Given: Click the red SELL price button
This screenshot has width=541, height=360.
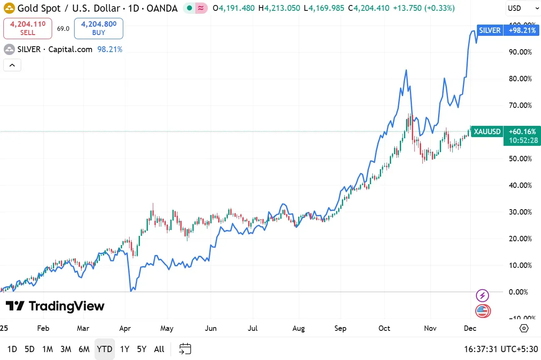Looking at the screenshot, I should [x=27, y=28].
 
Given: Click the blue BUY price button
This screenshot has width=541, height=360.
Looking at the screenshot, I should [x=99, y=28].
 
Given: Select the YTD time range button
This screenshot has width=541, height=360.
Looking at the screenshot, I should [x=104, y=349].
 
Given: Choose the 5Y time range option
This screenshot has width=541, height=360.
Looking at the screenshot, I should [x=142, y=349].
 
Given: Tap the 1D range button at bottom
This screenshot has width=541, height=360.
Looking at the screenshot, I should [x=12, y=349].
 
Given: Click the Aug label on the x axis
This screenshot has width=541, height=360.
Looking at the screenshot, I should [x=299, y=328].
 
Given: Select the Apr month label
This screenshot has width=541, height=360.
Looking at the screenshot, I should [x=125, y=328].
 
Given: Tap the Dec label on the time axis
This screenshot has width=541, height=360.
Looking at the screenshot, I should [x=470, y=328].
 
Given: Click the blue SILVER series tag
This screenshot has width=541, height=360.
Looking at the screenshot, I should [x=490, y=30].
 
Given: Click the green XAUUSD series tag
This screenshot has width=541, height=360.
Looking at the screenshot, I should [x=487, y=132].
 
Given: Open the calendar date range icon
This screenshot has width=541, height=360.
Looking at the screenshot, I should [x=185, y=349].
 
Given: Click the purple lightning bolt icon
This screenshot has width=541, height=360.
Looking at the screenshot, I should [x=482, y=296].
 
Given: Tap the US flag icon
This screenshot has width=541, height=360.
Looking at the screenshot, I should [x=483, y=311].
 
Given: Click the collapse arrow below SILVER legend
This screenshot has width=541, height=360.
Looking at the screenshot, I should [x=12, y=65].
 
